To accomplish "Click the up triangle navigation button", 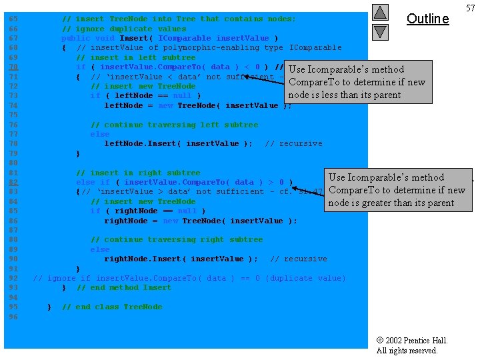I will [379, 12].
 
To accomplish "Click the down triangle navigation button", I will [379, 31].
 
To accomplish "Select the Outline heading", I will [427, 19].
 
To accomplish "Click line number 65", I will [13, 19].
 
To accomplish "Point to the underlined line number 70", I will [13, 67].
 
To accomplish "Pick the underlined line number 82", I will [13, 182].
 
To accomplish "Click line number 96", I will [13, 317].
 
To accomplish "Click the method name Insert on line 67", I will [133, 38].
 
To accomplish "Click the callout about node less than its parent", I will [357, 82].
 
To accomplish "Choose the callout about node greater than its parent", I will [397, 190].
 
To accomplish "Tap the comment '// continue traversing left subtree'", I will [174, 125].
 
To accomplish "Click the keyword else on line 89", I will [100, 249].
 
